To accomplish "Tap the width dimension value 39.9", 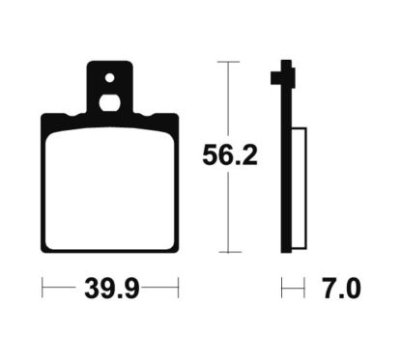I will pyautogui.click(x=111, y=287).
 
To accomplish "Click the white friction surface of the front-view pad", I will pyautogui.click(x=110, y=189).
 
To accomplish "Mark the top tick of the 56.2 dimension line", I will pyautogui.click(x=227, y=62).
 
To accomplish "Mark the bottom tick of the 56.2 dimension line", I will pyautogui.click(x=227, y=253).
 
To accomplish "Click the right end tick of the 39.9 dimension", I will pyautogui.click(x=180, y=287).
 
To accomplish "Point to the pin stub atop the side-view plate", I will pyautogui.click(x=284, y=71).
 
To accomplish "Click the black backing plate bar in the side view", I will pyautogui.click(x=285, y=164).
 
